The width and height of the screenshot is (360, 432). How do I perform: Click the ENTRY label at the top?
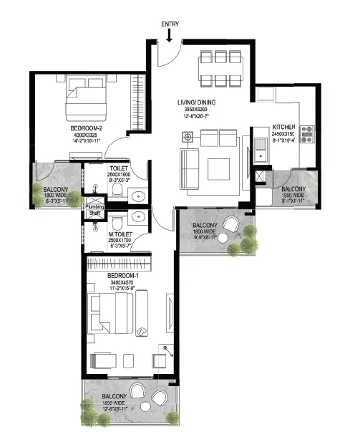[170, 24]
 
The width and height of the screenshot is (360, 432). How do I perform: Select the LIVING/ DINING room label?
[196, 102]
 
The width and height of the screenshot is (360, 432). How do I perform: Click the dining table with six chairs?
[221, 68]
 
